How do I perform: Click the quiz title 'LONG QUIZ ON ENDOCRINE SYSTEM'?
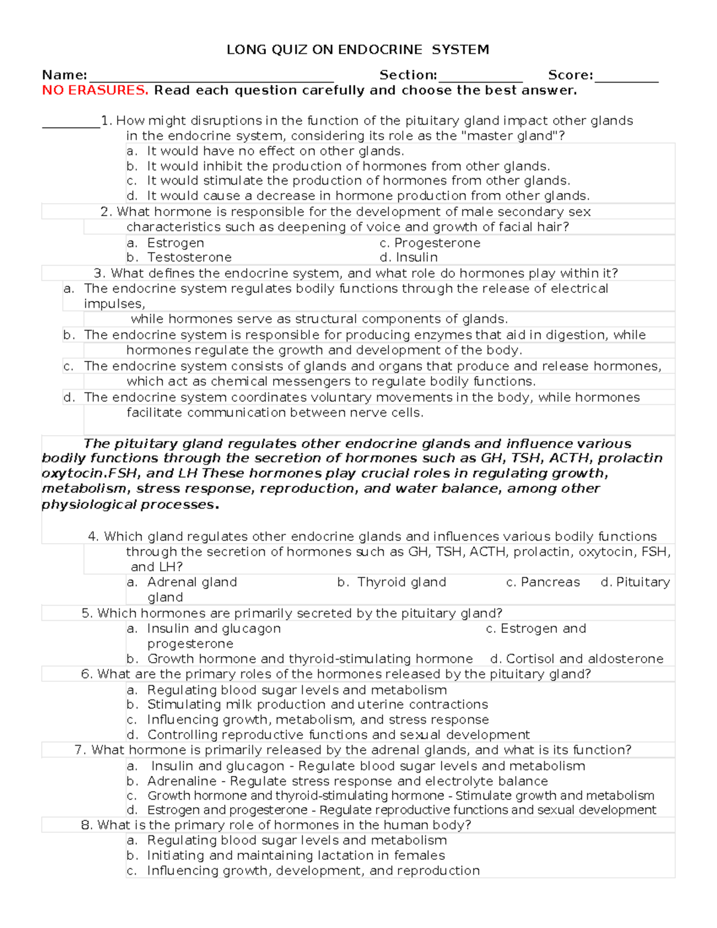(x=358, y=50)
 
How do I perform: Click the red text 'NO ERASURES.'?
(x=95, y=91)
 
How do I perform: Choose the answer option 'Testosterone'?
(x=189, y=258)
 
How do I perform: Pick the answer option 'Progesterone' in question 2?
(x=437, y=243)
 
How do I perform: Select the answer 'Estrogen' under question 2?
(x=176, y=243)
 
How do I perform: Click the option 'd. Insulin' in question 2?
(x=409, y=258)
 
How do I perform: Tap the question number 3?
(x=100, y=274)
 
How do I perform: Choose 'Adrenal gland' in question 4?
(x=192, y=583)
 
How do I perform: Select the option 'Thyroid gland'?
(x=402, y=583)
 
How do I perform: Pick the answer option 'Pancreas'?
(x=550, y=583)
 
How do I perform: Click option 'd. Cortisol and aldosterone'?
(x=577, y=659)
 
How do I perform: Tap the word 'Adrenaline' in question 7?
(x=182, y=781)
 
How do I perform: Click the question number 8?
(x=87, y=825)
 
